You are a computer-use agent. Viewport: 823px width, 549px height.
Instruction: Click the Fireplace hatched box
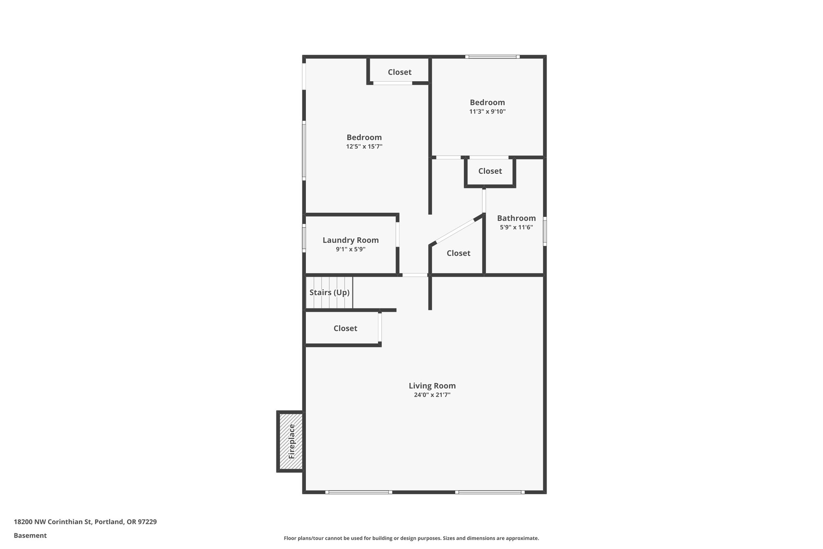click(x=291, y=441)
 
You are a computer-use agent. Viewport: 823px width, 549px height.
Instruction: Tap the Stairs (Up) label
click(x=329, y=292)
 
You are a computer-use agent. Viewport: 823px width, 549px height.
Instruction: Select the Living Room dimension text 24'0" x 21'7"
click(x=432, y=395)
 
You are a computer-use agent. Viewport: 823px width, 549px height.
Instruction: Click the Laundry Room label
click(x=350, y=240)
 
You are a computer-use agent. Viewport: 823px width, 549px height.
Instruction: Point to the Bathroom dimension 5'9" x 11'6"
click(x=516, y=227)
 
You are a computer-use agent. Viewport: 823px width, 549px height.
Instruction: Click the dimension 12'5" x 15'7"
click(x=364, y=147)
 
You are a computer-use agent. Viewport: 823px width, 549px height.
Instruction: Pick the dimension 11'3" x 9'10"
click(x=487, y=112)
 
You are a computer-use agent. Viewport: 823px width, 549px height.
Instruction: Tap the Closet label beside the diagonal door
click(x=458, y=253)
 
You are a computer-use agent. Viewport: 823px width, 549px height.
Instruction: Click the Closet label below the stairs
click(x=345, y=328)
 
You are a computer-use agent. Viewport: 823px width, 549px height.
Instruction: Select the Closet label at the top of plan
click(x=399, y=72)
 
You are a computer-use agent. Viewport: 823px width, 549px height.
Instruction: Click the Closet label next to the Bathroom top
click(x=490, y=171)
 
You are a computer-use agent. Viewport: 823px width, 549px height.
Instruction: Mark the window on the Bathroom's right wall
click(x=545, y=231)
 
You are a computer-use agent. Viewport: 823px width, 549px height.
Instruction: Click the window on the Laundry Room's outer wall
click(x=304, y=240)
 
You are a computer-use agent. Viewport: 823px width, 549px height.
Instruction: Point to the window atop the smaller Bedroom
click(x=492, y=57)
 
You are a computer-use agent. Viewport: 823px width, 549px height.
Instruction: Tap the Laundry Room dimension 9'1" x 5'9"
click(x=350, y=249)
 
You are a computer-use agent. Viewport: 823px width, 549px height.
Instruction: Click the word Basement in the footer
click(x=30, y=535)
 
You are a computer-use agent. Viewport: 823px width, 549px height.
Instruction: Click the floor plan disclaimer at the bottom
click(x=411, y=538)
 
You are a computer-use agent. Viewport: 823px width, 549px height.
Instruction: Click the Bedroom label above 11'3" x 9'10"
click(x=487, y=102)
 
